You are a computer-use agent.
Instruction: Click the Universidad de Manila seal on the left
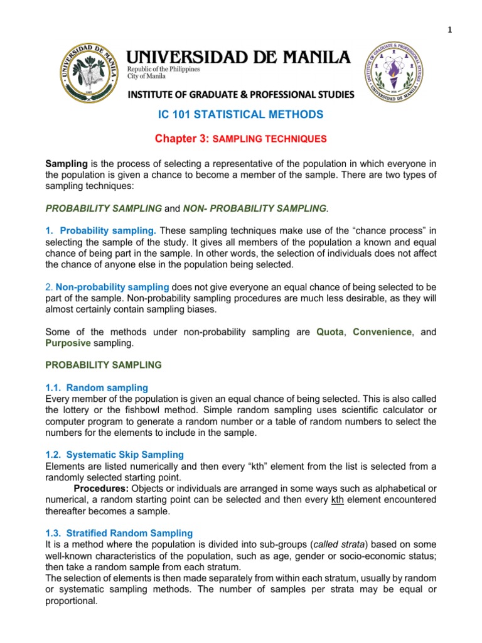(x=90, y=73)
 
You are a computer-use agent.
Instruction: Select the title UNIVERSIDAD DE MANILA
(x=238, y=58)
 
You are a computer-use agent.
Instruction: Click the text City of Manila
(x=147, y=76)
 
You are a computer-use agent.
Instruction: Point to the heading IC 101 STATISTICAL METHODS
(x=239, y=114)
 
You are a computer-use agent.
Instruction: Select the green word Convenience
(x=382, y=331)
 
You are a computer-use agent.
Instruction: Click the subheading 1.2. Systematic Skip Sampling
(x=115, y=454)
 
